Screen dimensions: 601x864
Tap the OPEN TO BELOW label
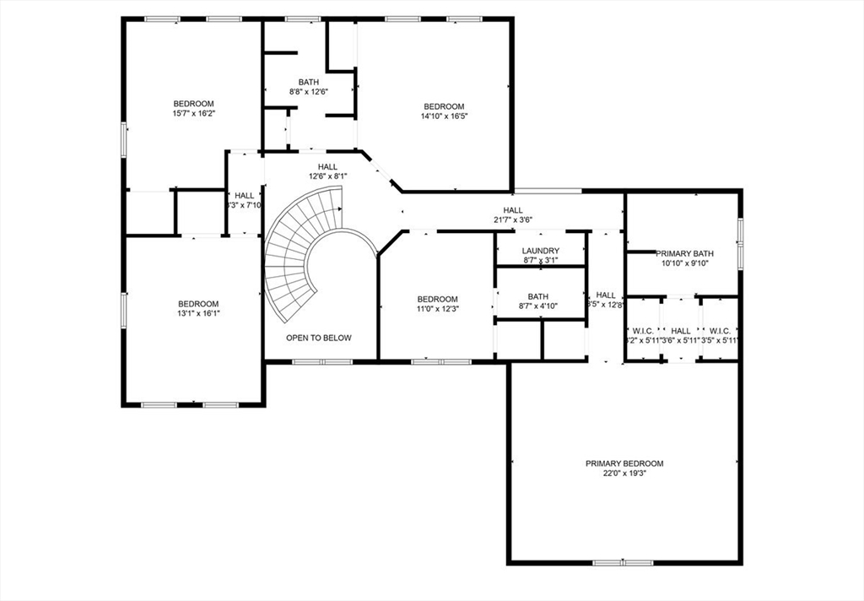pos(319,338)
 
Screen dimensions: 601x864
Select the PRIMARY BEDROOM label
pos(624,463)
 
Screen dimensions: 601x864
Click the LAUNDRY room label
pos(540,251)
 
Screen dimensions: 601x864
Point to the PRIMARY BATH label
pos(685,253)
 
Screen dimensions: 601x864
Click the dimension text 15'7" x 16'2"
pos(193,113)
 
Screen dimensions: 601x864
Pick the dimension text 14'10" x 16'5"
pos(444,116)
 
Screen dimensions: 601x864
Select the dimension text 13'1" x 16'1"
pos(197,313)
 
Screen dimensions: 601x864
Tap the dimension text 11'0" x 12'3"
pos(437,309)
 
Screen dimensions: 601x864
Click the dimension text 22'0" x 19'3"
pos(624,474)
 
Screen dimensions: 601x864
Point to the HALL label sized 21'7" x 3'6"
pos(513,210)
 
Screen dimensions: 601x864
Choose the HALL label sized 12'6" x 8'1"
pos(327,166)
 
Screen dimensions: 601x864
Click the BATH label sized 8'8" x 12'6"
pos(308,82)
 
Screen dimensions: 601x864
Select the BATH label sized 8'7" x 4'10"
pos(538,296)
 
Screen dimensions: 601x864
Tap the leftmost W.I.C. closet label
pos(642,331)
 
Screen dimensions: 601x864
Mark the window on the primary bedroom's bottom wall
pos(623,562)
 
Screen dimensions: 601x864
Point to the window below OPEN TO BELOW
pos(322,362)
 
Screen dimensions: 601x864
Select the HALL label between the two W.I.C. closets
pos(681,331)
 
